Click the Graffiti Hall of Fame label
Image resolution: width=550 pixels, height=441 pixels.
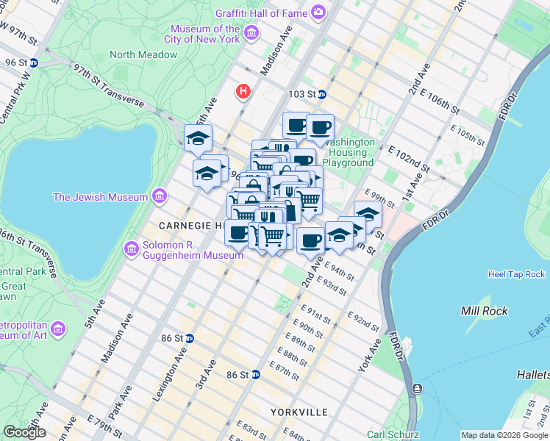point(260,12)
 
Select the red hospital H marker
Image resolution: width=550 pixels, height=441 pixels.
point(243,92)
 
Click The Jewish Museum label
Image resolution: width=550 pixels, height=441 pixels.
point(101,197)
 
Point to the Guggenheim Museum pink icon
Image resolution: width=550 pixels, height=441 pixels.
point(132,249)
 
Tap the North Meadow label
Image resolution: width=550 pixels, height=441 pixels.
point(143,54)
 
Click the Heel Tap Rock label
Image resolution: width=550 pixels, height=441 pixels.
point(516,274)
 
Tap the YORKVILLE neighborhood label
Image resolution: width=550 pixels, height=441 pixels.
point(299,412)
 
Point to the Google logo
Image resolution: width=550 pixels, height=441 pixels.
point(24,432)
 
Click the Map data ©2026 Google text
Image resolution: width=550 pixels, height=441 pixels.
point(504,435)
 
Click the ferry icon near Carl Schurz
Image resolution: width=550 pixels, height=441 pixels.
point(418,388)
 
